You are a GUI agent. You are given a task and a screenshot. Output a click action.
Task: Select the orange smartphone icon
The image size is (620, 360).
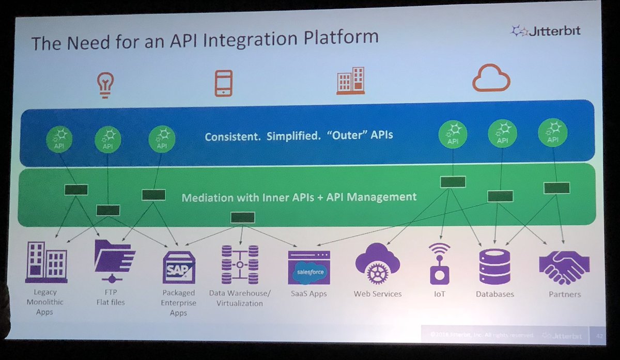tap(223, 83)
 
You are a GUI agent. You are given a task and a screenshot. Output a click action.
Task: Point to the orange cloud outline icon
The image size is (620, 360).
tap(491, 79)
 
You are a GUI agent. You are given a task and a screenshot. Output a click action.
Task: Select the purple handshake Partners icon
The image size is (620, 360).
tap(564, 267)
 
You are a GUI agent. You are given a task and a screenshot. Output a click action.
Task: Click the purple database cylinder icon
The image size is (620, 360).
tap(494, 267)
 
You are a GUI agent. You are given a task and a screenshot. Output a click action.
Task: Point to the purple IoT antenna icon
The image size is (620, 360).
tap(439, 263)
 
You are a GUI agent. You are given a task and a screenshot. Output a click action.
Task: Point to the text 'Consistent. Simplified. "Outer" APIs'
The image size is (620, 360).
tap(299, 136)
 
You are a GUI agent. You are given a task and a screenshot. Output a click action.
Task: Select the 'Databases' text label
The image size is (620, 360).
tap(494, 294)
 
